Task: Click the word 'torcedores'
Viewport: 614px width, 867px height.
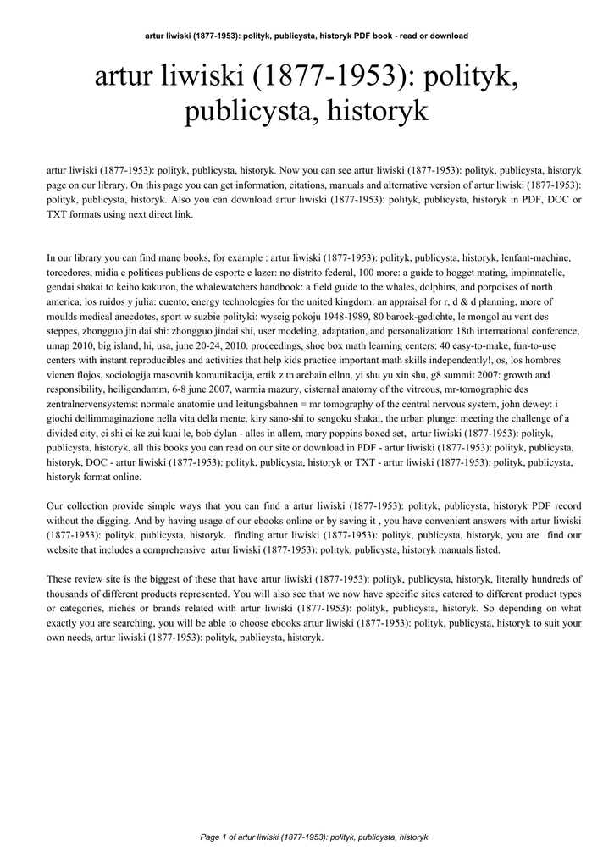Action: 72,272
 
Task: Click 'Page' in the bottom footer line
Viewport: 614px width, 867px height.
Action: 210,837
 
